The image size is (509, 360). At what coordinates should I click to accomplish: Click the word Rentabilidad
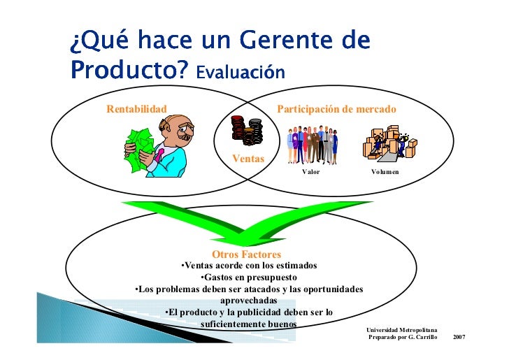(136, 109)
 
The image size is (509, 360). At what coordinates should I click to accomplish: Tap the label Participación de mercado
(336, 109)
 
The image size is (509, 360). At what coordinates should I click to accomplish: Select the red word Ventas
(248, 159)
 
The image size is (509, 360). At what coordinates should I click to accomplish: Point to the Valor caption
(310, 171)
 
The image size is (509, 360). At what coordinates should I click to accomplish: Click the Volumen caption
(385, 171)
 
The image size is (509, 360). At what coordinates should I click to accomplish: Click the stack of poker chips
(248, 129)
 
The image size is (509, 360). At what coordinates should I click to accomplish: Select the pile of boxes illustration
(388, 143)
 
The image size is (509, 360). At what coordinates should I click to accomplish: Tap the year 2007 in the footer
(459, 338)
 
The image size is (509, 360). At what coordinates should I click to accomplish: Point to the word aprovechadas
(248, 301)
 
